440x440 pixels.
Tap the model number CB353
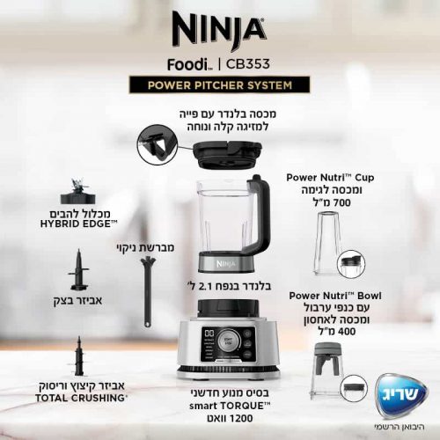(x=247, y=64)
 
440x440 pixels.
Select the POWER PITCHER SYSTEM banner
(x=220, y=85)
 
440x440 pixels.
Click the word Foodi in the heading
(x=187, y=64)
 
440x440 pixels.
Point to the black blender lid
(x=228, y=155)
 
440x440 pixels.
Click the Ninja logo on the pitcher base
(x=226, y=264)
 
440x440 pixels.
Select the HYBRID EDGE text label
(x=78, y=224)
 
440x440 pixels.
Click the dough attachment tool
(x=78, y=269)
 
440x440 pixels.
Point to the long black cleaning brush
(x=148, y=291)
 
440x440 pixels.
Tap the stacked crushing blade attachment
(x=78, y=356)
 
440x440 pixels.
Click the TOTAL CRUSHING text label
(x=82, y=398)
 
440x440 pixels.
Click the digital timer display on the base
(x=209, y=334)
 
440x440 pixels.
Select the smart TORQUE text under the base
(x=230, y=406)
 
